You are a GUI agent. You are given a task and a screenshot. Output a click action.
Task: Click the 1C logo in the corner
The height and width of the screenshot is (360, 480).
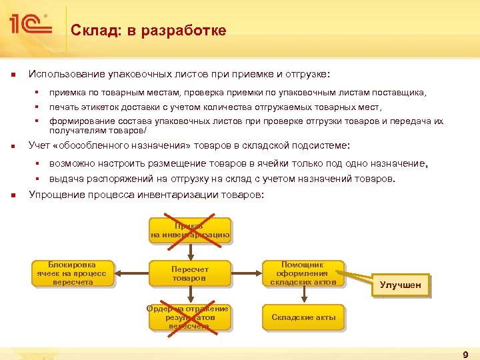pos(29,25)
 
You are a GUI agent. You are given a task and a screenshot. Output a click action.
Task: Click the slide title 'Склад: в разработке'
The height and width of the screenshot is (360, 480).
pos(149,31)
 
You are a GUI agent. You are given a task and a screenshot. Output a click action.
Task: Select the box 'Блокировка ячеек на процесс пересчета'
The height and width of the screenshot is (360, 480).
pos(73,273)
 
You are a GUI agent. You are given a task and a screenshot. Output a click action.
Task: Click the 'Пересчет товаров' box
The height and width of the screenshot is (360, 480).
pos(190,273)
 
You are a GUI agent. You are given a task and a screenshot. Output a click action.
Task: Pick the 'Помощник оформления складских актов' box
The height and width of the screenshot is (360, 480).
pos(303,273)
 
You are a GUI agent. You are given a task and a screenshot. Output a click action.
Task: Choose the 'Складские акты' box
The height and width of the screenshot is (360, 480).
pos(303,317)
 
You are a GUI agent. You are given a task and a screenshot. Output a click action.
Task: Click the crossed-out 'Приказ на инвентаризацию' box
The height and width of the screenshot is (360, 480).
pos(190,230)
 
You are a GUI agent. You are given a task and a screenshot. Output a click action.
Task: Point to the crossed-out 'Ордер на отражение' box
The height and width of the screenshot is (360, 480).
pos(190,317)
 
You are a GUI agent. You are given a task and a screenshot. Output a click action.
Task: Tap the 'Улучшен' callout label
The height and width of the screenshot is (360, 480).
pos(400,285)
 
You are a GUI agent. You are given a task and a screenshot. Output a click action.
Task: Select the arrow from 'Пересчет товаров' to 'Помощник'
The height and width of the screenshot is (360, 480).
pos(247,273)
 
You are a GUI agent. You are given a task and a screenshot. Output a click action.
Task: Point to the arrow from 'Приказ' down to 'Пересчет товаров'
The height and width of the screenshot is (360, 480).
pos(190,251)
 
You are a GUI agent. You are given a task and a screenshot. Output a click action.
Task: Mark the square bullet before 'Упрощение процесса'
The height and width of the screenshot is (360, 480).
pos(14,195)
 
